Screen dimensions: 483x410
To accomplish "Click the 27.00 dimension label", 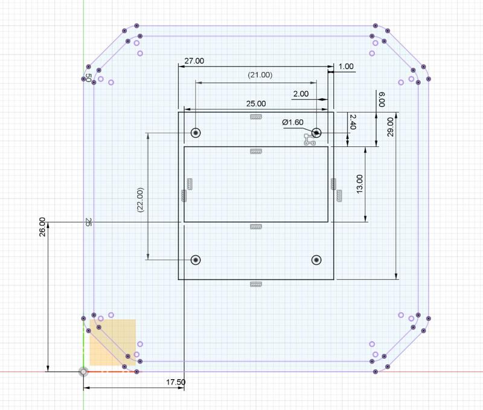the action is tap(194, 61).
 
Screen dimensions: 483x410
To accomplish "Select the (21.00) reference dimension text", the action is tap(260, 75).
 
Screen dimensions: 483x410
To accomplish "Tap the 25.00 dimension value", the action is tap(256, 103).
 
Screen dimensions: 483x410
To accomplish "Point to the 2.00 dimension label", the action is tap(301, 94).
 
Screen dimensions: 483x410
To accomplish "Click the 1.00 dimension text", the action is tap(346, 67).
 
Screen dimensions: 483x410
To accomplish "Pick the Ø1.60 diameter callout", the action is tap(293, 122).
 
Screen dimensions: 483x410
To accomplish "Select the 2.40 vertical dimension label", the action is tap(353, 122).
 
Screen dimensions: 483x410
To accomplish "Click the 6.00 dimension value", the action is tap(382, 99).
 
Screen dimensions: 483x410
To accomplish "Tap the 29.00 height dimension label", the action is tap(390, 127).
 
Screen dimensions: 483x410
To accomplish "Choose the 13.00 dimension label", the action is tap(359, 184).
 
